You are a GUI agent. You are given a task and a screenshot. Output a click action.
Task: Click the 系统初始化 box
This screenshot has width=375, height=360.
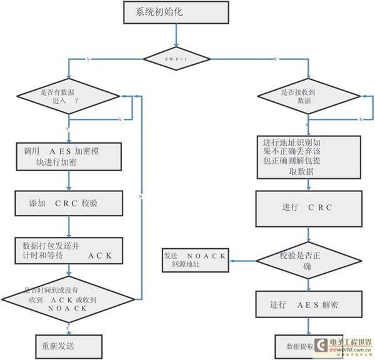[176, 12]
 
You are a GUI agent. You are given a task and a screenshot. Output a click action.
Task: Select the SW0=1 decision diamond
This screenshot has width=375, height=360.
[177, 58]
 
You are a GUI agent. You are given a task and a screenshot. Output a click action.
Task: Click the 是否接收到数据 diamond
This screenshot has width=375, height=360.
[309, 96]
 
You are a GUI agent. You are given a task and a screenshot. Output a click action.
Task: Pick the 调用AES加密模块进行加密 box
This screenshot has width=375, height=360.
[67, 156]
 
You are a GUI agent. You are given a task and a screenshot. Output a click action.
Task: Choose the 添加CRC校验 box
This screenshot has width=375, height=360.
[67, 203]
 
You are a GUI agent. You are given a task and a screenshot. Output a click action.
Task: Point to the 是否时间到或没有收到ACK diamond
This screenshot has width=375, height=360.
[67, 299]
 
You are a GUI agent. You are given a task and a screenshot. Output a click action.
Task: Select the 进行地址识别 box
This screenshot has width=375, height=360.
[309, 156]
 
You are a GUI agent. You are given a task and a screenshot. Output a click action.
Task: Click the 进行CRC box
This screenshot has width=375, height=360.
[309, 207]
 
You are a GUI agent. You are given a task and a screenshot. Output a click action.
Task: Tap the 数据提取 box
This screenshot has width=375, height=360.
[300, 346]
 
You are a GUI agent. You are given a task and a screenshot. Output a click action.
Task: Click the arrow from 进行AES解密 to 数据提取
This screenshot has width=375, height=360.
[309, 327]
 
